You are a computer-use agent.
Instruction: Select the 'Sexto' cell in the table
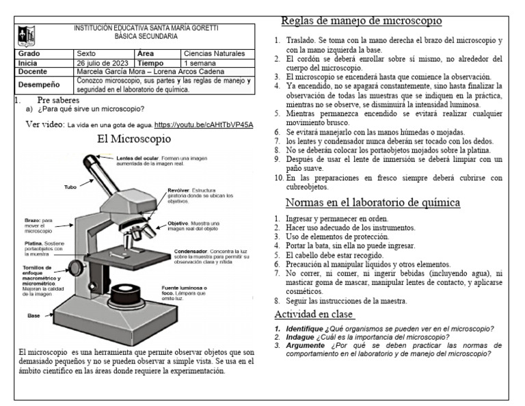coord(87,53)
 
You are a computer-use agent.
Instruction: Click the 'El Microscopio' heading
coord(134,139)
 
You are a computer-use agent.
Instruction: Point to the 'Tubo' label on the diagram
coord(70,187)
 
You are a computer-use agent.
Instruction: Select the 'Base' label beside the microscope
coord(33,316)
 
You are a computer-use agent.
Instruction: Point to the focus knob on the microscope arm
coord(77,265)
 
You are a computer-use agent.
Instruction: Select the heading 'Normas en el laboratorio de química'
coord(372,202)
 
